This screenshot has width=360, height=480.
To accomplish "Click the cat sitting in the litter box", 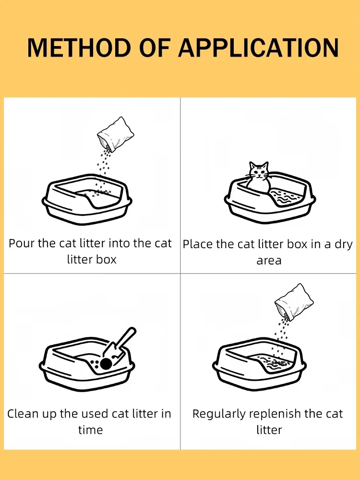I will click(258, 178).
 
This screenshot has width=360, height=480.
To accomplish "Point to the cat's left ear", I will click(252, 166).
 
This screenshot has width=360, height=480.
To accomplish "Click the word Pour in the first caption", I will click(22, 243).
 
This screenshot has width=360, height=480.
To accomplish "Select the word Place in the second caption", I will click(198, 244).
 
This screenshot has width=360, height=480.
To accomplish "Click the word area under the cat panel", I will click(269, 261).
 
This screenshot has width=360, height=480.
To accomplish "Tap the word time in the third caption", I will click(90, 430).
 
